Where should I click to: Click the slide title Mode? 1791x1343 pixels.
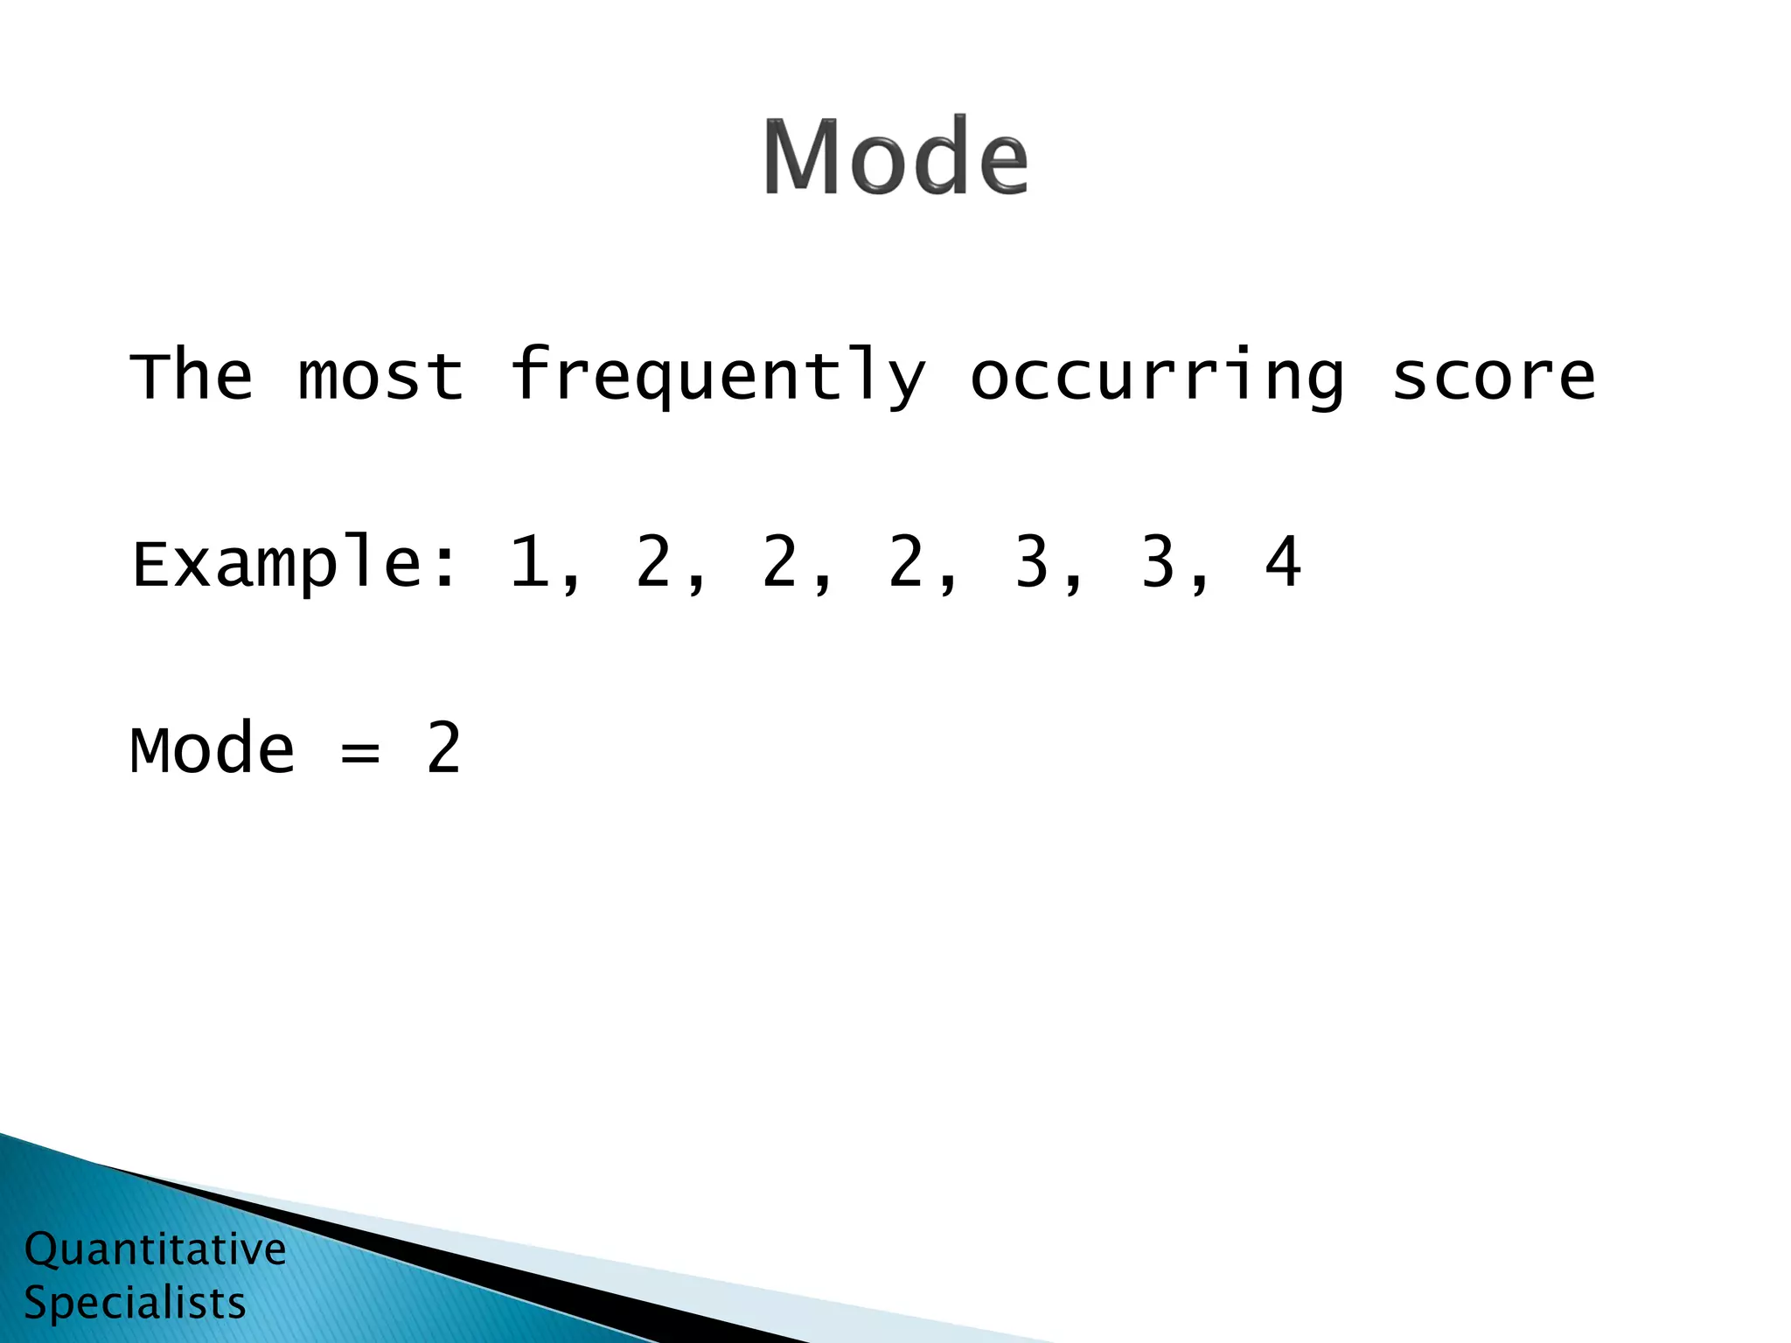coord(895,157)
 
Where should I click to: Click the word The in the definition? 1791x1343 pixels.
coord(192,376)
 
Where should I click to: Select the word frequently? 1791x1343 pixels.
coord(717,376)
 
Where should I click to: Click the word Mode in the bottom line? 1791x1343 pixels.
coord(213,750)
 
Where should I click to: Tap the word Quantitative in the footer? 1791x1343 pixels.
coord(155,1249)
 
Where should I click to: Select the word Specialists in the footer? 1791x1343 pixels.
coord(135,1303)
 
